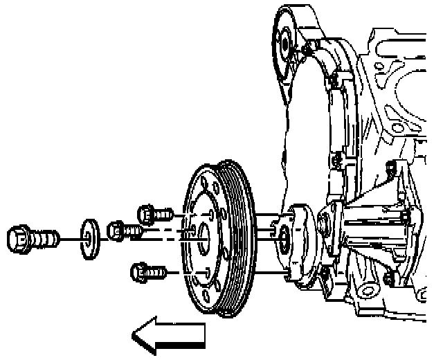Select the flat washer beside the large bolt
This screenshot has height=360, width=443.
coord(89,237)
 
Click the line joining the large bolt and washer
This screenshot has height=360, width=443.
coord(69,239)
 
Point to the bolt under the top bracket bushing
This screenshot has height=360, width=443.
coord(334,85)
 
